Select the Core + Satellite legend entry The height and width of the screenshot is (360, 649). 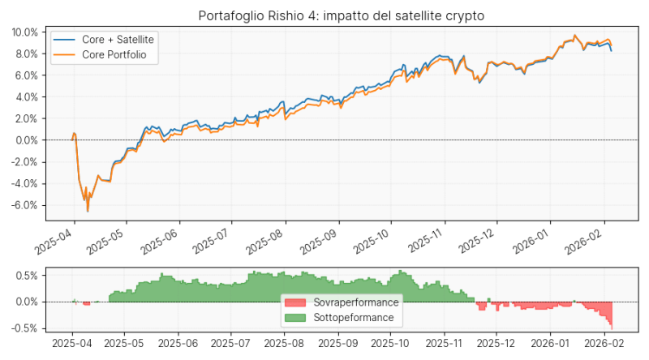118,39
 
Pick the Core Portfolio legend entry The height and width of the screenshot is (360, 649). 114,54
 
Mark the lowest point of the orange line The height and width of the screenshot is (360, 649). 88,212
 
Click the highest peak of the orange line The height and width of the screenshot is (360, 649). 574,36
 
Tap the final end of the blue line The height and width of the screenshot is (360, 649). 611,50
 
